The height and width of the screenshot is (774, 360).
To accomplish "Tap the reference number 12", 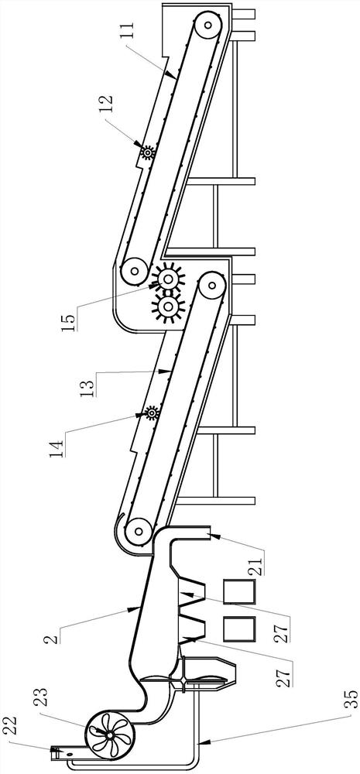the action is pyautogui.click(x=108, y=104).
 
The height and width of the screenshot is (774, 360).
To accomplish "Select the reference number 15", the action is pyautogui.click(x=70, y=320).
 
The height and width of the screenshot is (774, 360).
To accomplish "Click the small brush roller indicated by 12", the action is pyautogui.click(x=147, y=152).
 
